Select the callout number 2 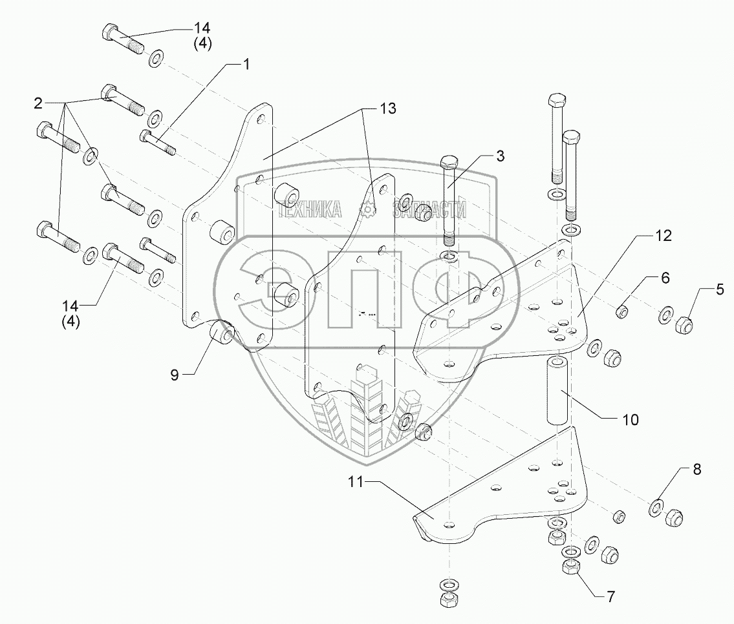pos(39,103)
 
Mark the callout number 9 pos(175,374)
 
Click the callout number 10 pos(631,420)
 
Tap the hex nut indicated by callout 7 pos(570,569)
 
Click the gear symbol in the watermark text pos(369,209)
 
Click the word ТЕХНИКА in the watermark pos(310,209)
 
